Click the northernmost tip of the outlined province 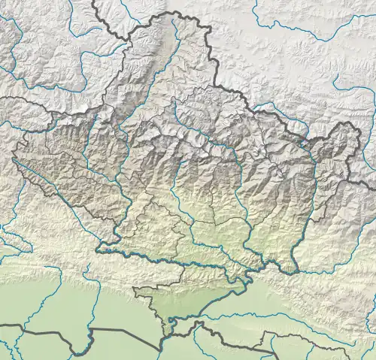point(174,13)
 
